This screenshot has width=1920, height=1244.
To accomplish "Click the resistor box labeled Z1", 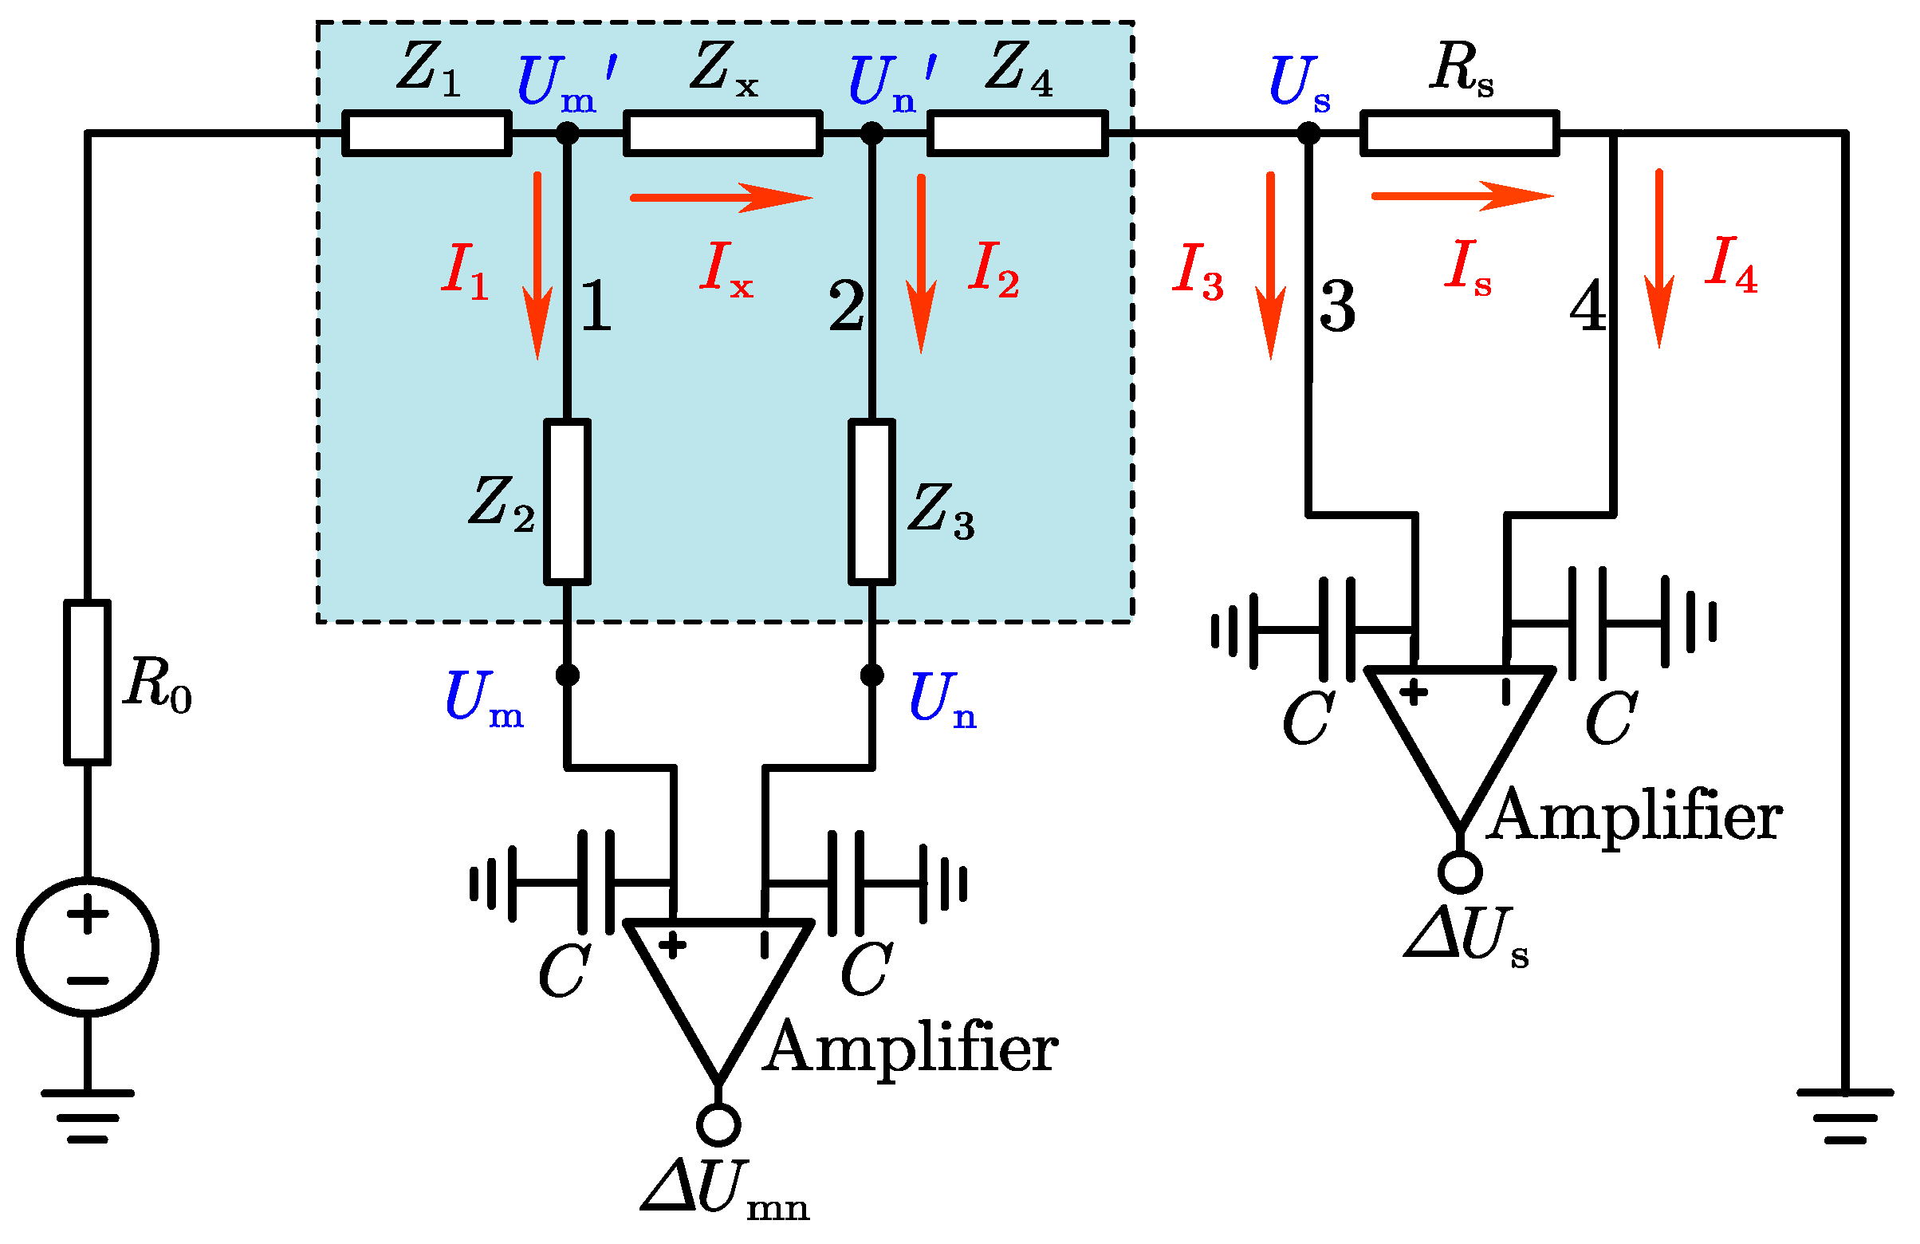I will (427, 133).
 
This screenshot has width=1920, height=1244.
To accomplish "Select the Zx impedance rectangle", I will (723, 133).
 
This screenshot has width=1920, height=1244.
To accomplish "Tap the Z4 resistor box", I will (1017, 133).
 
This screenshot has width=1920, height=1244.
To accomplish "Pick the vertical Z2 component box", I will (567, 501).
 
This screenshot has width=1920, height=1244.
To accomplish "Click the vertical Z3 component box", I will (872, 501).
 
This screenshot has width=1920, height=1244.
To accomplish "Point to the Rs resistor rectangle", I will (1459, 133).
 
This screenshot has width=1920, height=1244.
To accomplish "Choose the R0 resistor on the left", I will (87, 682).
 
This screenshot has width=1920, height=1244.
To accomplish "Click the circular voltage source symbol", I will (87, 948).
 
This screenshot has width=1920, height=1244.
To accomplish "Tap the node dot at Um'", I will (567, 133).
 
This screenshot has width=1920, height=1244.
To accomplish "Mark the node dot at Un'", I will (872, 133).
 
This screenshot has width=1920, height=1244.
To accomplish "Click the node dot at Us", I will (1308, 133).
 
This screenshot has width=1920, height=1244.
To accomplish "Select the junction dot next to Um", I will (567, 675).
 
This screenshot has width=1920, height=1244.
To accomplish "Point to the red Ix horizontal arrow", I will (721, 197).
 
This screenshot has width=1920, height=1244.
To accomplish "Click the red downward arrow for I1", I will (537, 266).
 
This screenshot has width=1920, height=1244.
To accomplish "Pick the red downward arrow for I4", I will (1659, 258).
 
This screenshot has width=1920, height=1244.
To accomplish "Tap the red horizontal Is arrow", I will (1461, 195).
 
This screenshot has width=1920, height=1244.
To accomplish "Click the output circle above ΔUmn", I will (718, 1124).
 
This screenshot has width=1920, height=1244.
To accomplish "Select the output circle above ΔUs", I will (1459, 872).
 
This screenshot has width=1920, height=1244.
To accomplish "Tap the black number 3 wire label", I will (1336, 306).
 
